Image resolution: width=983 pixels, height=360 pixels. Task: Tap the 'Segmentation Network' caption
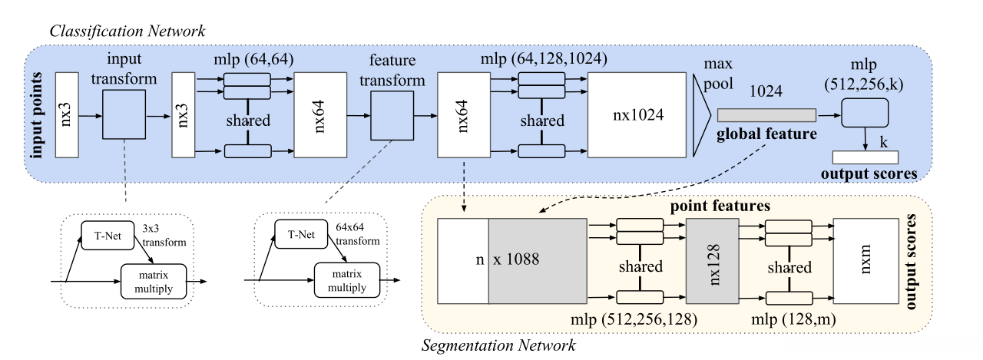(499, 345)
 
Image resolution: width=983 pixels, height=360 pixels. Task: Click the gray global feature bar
(766, 115)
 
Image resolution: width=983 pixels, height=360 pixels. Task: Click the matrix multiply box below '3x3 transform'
(153, 279)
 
